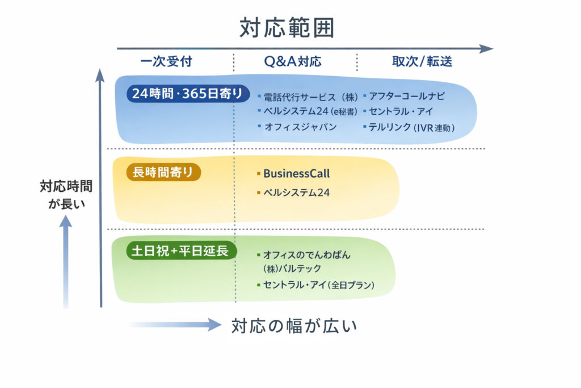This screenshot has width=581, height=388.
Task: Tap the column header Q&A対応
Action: click(292, 62)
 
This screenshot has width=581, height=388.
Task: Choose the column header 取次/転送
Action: click(422, 62)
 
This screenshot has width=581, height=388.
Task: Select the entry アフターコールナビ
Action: click(407, 96)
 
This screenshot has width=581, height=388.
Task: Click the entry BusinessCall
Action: click(296, 174)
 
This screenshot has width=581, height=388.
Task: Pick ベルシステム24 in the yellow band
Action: click(296, 193)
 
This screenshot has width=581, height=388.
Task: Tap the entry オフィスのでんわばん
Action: click(306, 255)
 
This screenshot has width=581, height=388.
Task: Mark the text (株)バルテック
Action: click(292, 268)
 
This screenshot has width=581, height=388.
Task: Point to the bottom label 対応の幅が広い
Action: click(294, 326)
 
